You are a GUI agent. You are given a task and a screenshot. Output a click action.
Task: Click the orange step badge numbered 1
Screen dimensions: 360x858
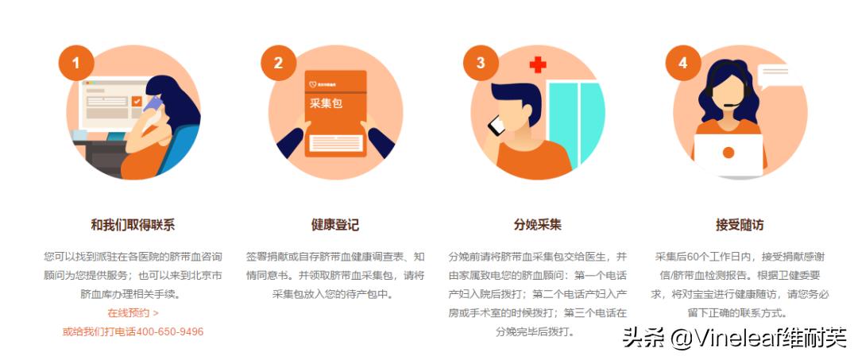[x=76, y=63]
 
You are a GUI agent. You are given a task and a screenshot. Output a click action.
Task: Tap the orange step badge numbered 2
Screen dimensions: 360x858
[x=278, y=63]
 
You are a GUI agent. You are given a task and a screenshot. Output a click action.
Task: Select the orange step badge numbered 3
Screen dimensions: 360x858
[x=480, y=63]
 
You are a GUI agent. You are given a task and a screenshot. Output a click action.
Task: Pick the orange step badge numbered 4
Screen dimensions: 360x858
[x=682, y=63]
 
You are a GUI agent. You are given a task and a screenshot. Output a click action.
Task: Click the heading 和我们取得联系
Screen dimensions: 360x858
[x=133, y=225]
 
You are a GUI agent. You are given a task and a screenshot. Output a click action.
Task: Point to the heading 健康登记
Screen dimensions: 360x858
[x=335, y=225]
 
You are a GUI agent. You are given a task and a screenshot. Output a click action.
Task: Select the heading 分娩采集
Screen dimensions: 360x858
[x=537, y=225]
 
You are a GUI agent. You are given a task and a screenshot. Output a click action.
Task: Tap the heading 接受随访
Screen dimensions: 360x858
[x=740, y=225]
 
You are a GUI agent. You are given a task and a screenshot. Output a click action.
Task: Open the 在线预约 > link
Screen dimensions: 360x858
[x=133, y=313]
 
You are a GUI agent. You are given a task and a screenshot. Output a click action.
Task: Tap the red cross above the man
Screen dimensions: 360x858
[x=538, y=64]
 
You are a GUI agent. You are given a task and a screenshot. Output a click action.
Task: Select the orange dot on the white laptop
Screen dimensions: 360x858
[x=728, y=153]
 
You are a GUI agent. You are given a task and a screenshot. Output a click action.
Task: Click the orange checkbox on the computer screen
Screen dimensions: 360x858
[x=137, y=102]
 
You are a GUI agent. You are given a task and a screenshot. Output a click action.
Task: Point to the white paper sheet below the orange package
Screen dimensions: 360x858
[x=336, y=143]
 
